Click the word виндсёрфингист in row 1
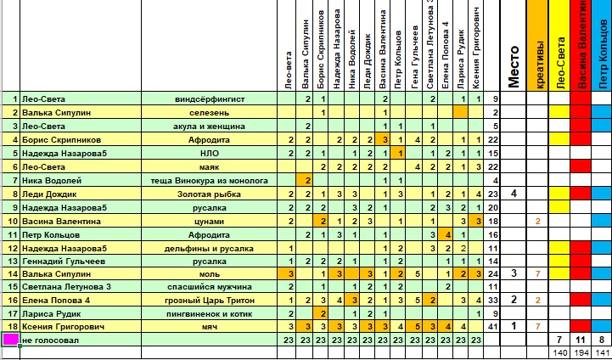tap(209, 99)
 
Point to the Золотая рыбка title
tap(209, 194)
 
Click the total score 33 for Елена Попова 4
tap(494, 301)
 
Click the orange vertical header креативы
tap(536, 51)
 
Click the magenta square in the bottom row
tap(10, 340)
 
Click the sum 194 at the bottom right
tap(581, 353)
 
